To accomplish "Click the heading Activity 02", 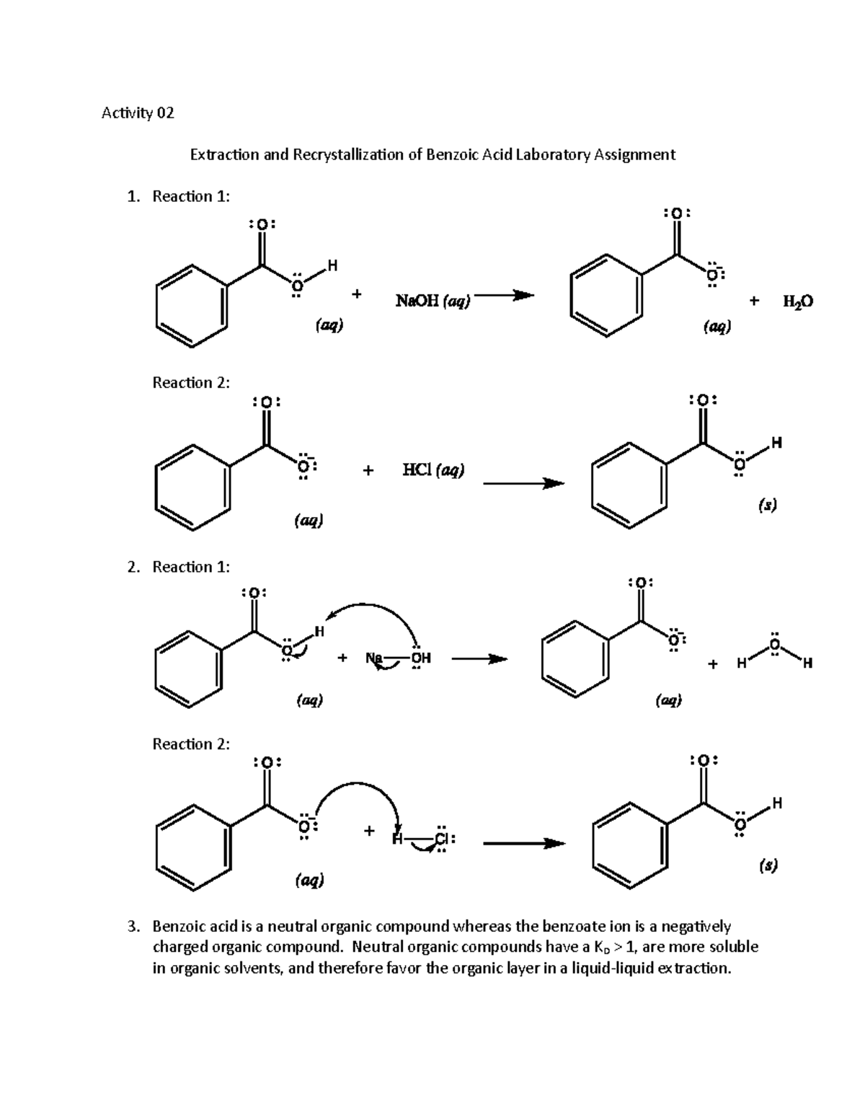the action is (x=138, y=113).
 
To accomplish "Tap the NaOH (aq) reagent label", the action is (x=432, y=301).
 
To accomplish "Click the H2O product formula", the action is (x=798, y=301).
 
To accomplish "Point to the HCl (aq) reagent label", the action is (x=433, y=470).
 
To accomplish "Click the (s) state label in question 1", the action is (x=767, y=505).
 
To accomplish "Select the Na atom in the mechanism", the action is (x=374, y=658).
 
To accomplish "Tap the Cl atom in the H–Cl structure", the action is (x=442, y=839).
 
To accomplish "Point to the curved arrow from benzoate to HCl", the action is (x=356, y=785).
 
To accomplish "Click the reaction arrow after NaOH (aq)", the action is (x=504, y=296).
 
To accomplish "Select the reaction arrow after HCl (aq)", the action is (x=523, y=483).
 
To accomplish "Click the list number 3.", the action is (x=133, y=927).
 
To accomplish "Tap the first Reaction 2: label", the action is (x=191, y=382).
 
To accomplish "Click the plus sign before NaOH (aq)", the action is (x=357, y=294).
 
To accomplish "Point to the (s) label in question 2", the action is (x=768, y=865).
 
